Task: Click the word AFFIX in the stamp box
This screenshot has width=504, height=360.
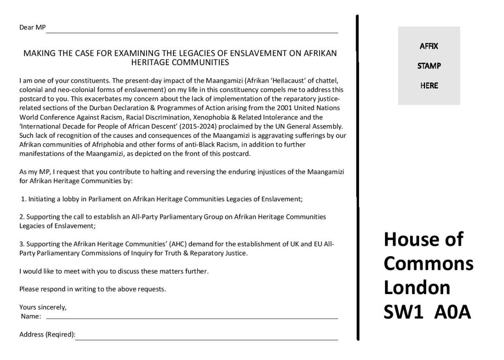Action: coord(429,46)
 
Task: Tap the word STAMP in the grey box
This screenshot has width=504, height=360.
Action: coord(429,66)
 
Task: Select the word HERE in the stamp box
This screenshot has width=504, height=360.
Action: coord(429,86)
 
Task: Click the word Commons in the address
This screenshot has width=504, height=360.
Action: coord(429,263)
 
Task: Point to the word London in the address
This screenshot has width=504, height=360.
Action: coord(417,287)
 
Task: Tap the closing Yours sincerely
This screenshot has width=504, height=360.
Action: coord(43,307)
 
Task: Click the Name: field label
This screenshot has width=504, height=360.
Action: coord(31,316)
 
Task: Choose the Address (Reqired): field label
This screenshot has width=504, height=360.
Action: coord(47,335)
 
